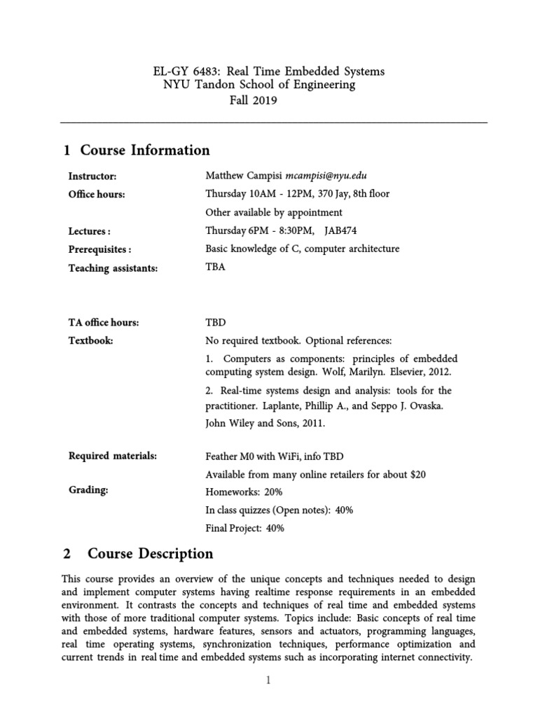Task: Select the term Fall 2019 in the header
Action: coord(254,100)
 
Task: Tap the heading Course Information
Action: coord(144,150)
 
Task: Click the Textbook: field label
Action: coord(90,341)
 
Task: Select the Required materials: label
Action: coord(112,456)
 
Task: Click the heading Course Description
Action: coord(150,554)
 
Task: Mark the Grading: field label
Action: coord(88,490)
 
